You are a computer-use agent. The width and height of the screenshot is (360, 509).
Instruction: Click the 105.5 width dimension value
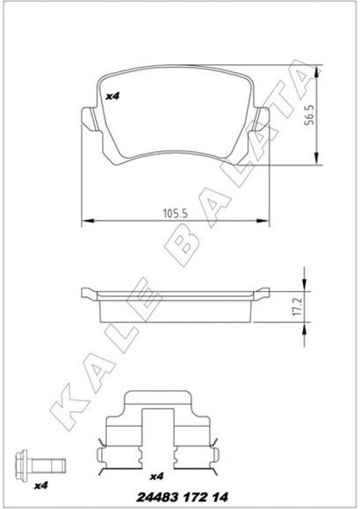[176, 214]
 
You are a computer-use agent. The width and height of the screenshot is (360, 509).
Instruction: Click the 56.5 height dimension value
[309, 115]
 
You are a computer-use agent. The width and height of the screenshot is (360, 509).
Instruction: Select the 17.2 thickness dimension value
[298, 307]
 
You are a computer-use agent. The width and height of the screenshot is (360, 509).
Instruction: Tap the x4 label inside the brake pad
[113, 96]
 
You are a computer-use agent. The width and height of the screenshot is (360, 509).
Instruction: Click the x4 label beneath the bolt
[41, 485]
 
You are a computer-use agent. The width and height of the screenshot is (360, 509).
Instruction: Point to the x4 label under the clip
[156, 477]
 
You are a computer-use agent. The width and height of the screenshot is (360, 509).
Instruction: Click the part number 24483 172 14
[182, 497]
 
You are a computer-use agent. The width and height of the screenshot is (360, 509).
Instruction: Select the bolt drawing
[41, 463]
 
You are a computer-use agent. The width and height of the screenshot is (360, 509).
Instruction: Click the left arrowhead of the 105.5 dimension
[87, 221]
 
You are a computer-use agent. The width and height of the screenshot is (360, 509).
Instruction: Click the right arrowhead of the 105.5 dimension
[263, 221]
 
